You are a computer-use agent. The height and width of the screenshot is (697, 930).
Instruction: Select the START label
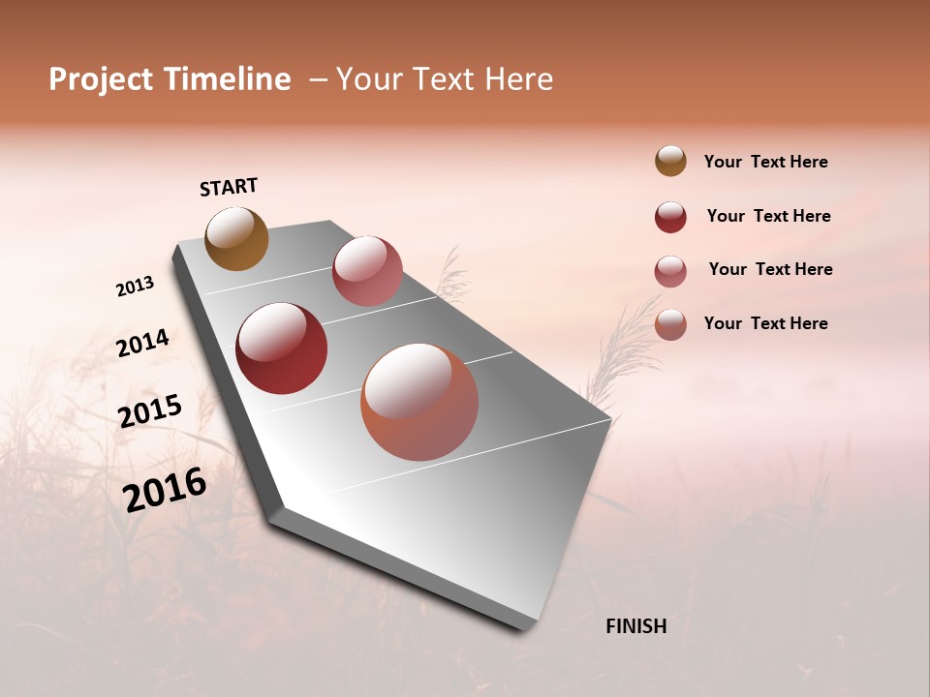(x=229, y=187)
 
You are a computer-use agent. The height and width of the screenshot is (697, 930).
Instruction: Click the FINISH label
(x=635, y=626)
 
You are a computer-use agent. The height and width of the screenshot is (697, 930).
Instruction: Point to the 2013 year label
(x=135, y=287)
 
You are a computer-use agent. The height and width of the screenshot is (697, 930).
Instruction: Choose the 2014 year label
(x=142, y=343)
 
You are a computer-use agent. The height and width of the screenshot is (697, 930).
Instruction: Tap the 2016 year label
(x=165, y=489)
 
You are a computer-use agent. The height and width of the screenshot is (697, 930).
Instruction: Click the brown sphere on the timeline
(x=236, y=239)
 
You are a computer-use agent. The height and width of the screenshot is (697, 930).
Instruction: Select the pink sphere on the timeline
(x=367, y=271)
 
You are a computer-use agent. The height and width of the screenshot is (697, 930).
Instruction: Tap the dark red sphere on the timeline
(x=282, y=348)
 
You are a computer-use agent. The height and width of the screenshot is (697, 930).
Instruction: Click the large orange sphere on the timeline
(x=419, y=402)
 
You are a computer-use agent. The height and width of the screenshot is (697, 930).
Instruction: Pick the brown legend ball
(x=670, y=161)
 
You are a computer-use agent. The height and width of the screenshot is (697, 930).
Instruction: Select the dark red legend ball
(x=670, y=217)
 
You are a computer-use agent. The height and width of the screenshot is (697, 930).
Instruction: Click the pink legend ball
(x=670, y=271)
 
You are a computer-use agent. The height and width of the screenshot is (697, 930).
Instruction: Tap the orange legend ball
(x=670, y=324)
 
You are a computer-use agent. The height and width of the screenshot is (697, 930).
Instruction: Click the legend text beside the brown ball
(x=765, y=163)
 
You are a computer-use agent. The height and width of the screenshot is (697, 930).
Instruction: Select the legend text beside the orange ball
(x=765, y=323)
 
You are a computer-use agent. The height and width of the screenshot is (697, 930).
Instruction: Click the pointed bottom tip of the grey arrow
(x=525, y=627)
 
